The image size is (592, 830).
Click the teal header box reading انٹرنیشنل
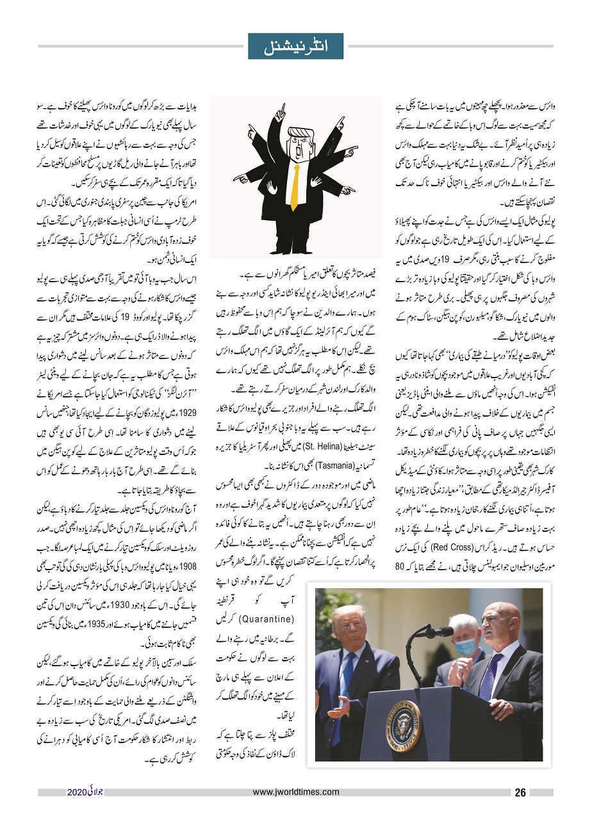point(295,46)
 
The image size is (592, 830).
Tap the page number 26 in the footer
point(520,793)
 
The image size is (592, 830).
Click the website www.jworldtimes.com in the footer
point(296,792)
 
